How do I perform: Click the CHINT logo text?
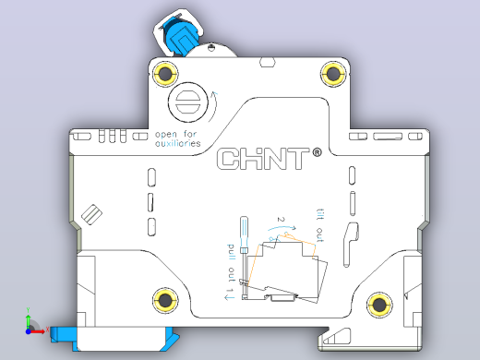[x=263, y=159]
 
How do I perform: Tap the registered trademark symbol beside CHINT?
[x=317, y=152]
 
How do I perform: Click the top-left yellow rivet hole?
[x=165, y=74]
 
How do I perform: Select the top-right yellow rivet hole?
[x=333, y=74]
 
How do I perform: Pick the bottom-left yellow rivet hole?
[x=165, y=300]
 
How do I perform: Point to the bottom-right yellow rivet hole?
[x=379, y=305]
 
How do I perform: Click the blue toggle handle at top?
[x=179, y=36]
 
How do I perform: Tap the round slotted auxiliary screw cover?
[x=188, y=102]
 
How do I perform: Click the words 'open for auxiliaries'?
[x=178, y=138]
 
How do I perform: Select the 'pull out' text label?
[x=231, y=263]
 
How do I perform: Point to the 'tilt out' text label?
[x=320, y=224]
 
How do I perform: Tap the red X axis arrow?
[x=36, y=331]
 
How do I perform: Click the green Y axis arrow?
[x=29, y=321]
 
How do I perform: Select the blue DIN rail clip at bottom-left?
[x=114, y=339]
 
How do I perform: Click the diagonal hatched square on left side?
[x=91, y=214]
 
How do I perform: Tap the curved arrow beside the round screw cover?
[x=213, y=106]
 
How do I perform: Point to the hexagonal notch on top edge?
[x=268, y=62]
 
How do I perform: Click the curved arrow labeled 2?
[x=282, y=228]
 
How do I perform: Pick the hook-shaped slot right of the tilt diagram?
[x=350, y=245]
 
